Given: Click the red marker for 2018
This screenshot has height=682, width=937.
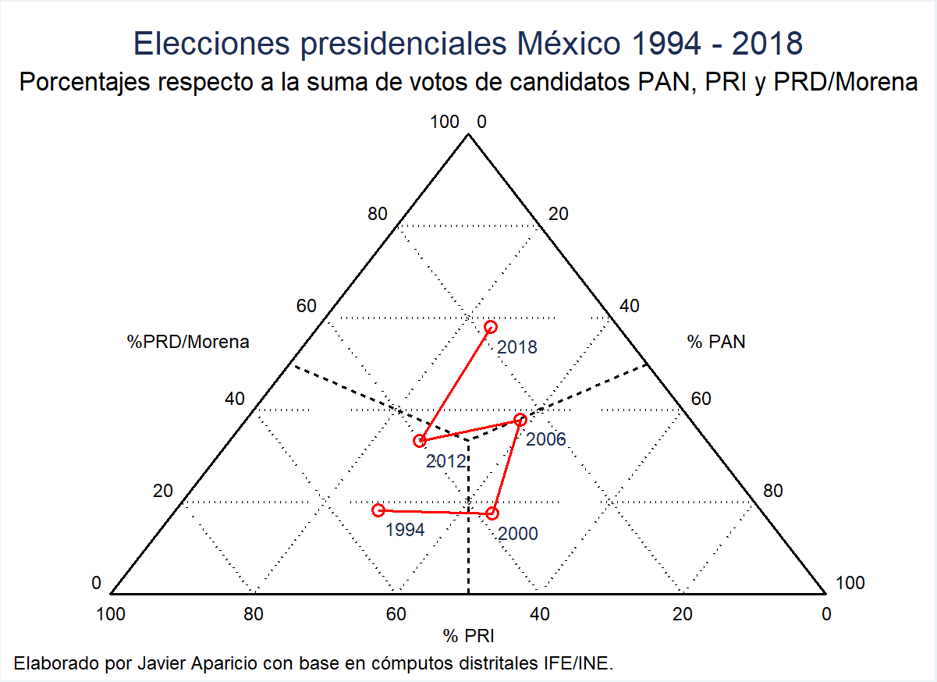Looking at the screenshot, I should click(x=490, y=327).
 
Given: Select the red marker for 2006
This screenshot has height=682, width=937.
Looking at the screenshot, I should click(x=520, y=420).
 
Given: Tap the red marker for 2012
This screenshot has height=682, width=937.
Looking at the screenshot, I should click(x=421, y=441).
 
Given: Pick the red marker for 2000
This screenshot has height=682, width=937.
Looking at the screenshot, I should click(x=492, y=513).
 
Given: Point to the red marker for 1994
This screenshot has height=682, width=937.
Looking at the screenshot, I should click(x=378, y=510).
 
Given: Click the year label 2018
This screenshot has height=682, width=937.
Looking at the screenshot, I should click(x=517, y=348).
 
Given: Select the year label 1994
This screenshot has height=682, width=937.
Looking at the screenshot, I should click(x=405, y=531).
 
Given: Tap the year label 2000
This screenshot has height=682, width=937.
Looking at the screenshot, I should click(x=517, y=535).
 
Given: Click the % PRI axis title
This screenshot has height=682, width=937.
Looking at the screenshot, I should click(x=469, y=636).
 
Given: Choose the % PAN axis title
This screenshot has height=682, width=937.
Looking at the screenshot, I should click(x=716, y=342).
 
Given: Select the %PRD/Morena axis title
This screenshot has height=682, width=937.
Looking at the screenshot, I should click(x=188, y=342).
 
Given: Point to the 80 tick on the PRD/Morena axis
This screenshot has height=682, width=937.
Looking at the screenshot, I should click(x=378, y=214).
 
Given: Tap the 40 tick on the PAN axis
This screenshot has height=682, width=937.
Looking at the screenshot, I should click(x=629, y=306).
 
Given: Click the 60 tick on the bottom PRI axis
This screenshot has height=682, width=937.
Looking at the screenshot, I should click(x=396, y=615).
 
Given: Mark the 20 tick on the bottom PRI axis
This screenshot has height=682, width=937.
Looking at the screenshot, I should click(x=683, y=615).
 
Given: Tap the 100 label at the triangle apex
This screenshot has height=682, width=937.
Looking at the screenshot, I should click(x=445, y=122).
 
